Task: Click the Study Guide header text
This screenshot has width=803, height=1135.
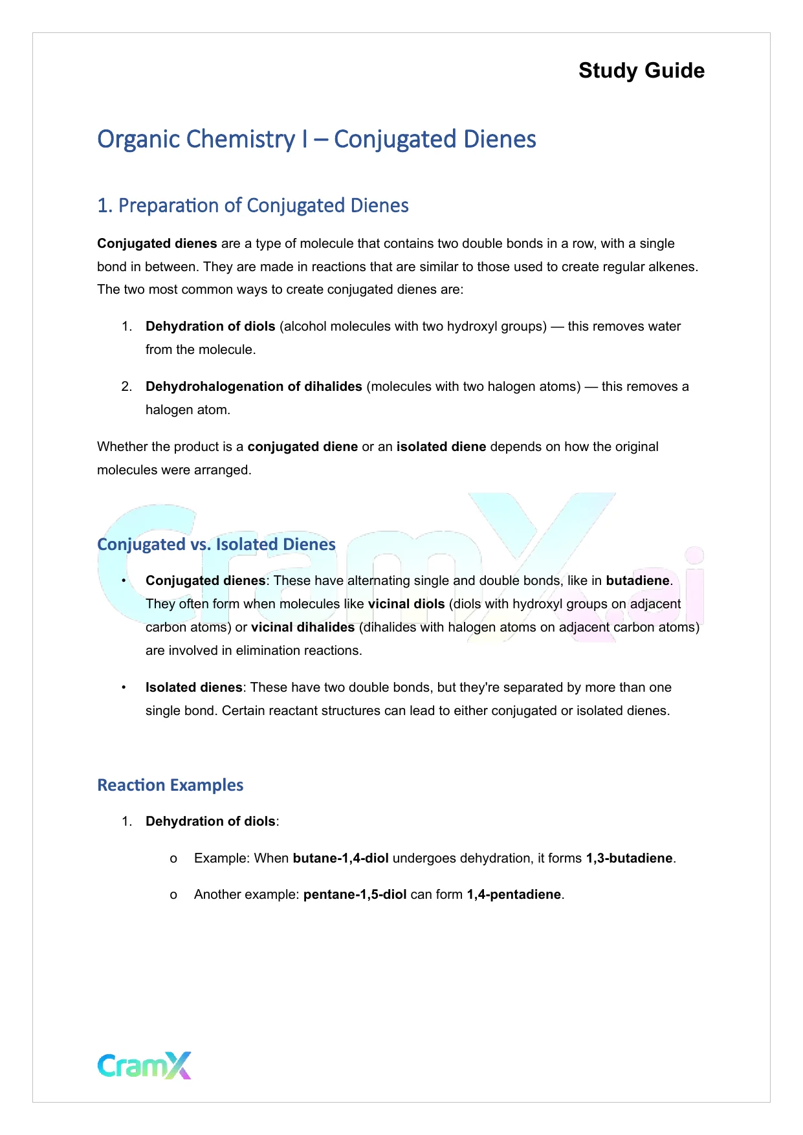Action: [x=641, y=71]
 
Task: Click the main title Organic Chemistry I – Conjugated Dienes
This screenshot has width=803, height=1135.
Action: [x=316, y=139]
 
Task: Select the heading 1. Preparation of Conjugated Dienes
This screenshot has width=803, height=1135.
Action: [x=252, y=206]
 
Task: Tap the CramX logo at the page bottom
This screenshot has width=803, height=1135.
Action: [x=144, y=1065]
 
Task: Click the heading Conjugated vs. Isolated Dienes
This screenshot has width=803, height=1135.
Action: [x=216, y=544]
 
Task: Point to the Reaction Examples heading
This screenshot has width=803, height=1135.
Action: [x=170, y=785]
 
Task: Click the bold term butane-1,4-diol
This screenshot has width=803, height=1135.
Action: [x=340, y=858]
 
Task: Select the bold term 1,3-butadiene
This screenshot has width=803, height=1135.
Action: [x=629, y=858]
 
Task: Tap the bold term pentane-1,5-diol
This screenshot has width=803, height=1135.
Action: [x=355, y=894]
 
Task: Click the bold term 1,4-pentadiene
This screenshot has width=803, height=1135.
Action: [x=514, y=894]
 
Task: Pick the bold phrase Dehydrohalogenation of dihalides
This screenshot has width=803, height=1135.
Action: [x=254, y=386]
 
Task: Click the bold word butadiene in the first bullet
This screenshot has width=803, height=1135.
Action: [x=637, y=580]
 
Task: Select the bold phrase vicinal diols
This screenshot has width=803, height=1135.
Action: [x=406, y=604]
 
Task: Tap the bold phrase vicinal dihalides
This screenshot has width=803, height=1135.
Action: [x=303, y=627]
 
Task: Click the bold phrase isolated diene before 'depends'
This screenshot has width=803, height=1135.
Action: [x=441, y=446]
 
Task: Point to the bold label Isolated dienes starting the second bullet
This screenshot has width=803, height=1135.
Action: [x=193, y=687]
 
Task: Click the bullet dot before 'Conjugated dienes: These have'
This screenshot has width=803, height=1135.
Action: [x=124, y=580]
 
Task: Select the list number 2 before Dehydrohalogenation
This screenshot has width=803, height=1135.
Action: [x=126, y=386]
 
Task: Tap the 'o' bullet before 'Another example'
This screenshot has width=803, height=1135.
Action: [x=173, y=895]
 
